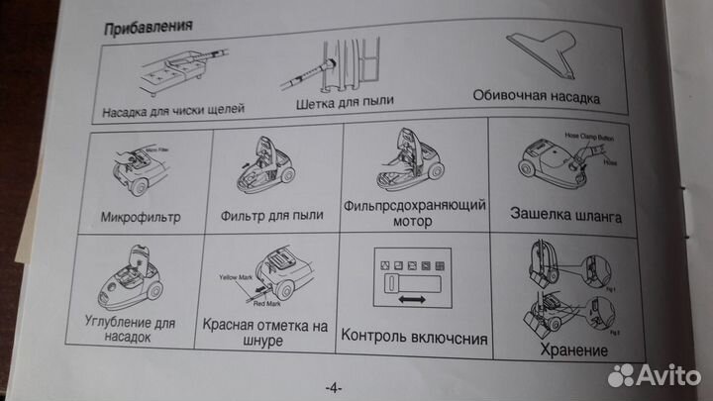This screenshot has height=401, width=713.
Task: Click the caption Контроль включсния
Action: pos(414,338)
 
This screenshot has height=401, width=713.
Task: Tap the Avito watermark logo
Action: pos(651,373)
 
